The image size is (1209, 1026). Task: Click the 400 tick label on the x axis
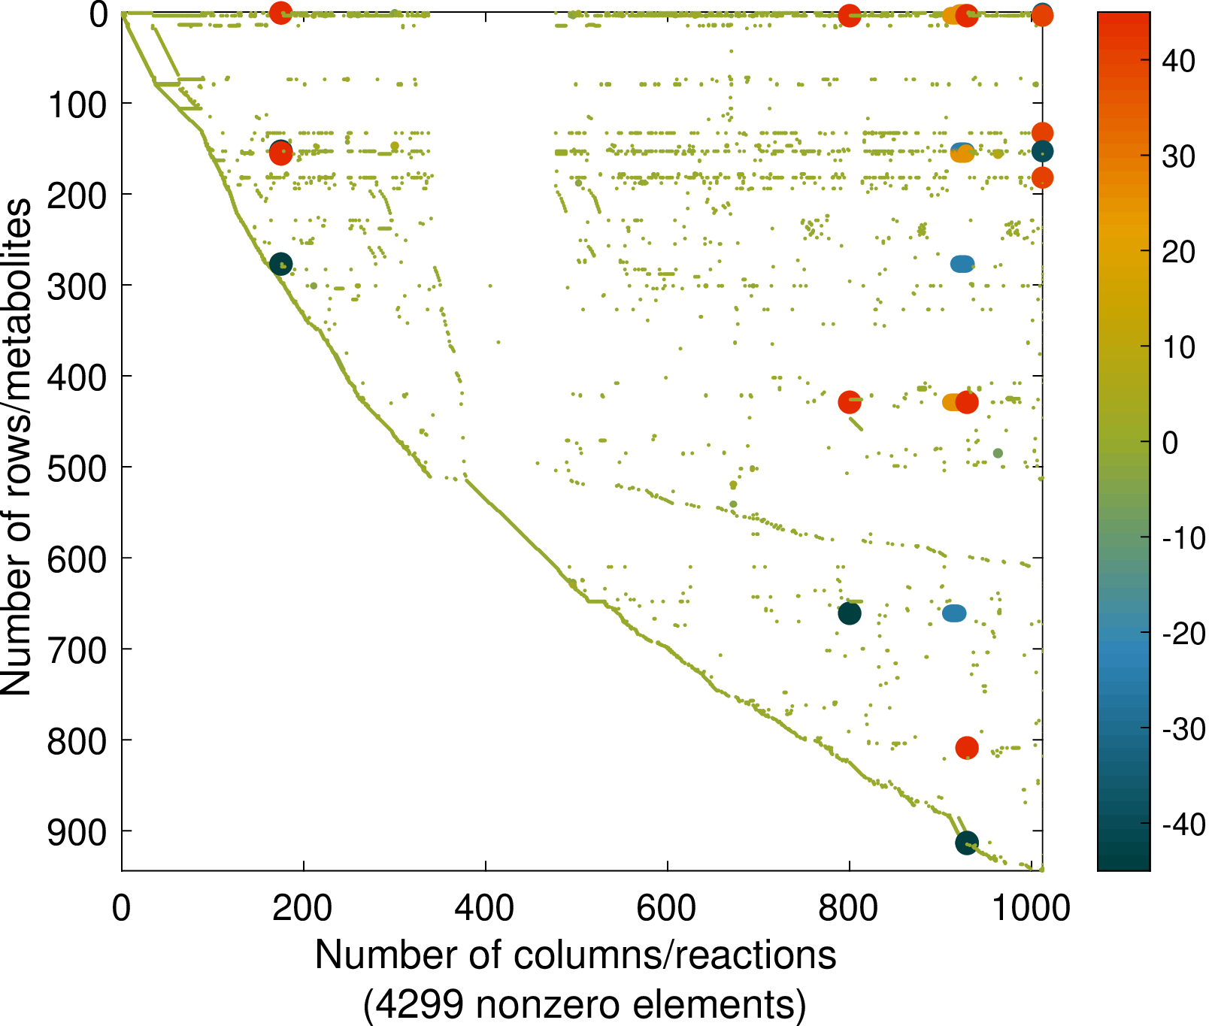485,909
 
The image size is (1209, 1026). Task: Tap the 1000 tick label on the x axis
1031,909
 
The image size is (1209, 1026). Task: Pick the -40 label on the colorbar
1183,825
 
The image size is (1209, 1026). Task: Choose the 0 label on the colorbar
1170,443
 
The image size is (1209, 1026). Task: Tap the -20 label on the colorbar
1183,634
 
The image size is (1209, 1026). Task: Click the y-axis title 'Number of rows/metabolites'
17,447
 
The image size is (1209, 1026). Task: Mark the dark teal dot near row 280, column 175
280,264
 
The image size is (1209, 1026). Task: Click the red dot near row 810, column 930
967,748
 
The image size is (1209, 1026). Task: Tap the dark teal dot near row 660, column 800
850,614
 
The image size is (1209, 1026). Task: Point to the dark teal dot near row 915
967,843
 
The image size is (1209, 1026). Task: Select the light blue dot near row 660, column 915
954,614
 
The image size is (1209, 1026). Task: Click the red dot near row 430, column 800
850,403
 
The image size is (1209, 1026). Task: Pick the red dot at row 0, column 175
280,13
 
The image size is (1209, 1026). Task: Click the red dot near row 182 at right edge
1042,178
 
